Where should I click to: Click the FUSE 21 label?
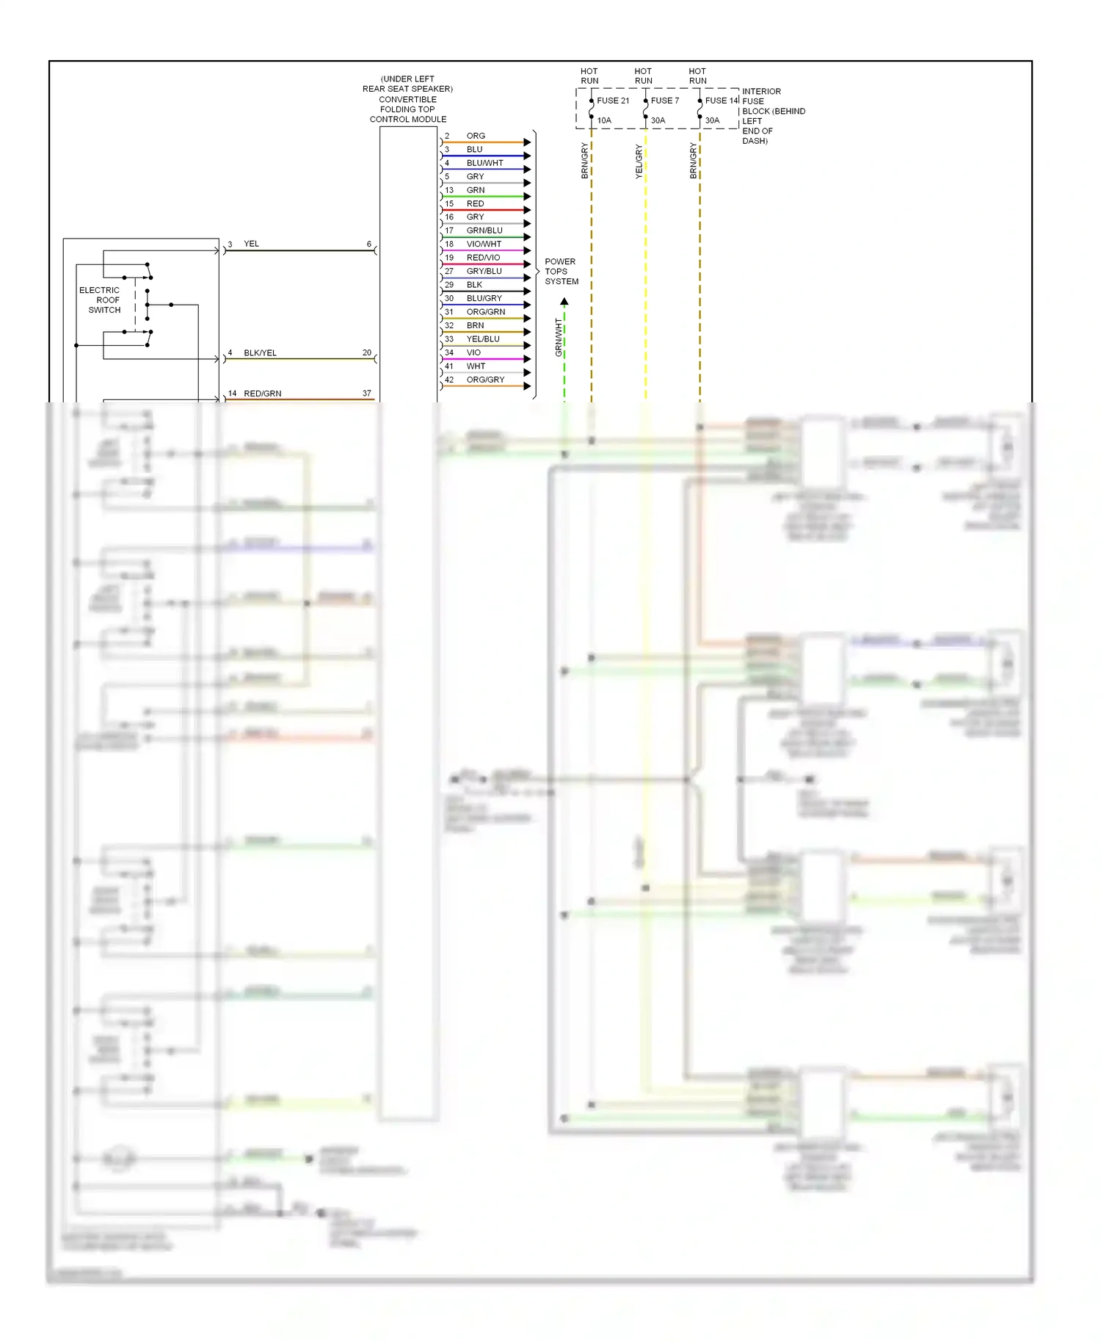tap(613, 101)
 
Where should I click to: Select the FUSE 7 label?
tap(665, 101)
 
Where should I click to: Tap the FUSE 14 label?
tap(722, 101)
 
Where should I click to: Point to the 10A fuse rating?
tap(604, 120)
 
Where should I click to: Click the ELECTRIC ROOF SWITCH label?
tap(100, 300)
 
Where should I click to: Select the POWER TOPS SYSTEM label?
tap(561, 272)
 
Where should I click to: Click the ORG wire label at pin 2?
tap(476, 136)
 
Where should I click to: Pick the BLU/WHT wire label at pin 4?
tap(484, 163)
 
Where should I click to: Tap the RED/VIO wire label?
tap(483, 258)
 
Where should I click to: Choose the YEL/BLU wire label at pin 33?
tap(483, 339)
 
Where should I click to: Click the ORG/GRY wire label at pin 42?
tap(485, 380)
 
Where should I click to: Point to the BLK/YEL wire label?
tap(260, 353)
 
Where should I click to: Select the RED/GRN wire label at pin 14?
tap(262, 393)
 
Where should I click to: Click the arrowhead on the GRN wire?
tap(527, 197)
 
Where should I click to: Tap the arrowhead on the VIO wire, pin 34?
tap(527, 359)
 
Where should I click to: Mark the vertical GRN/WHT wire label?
tap(559, 338)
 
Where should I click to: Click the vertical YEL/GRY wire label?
tap(639, 162)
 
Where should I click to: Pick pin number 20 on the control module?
tap(367, 353)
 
